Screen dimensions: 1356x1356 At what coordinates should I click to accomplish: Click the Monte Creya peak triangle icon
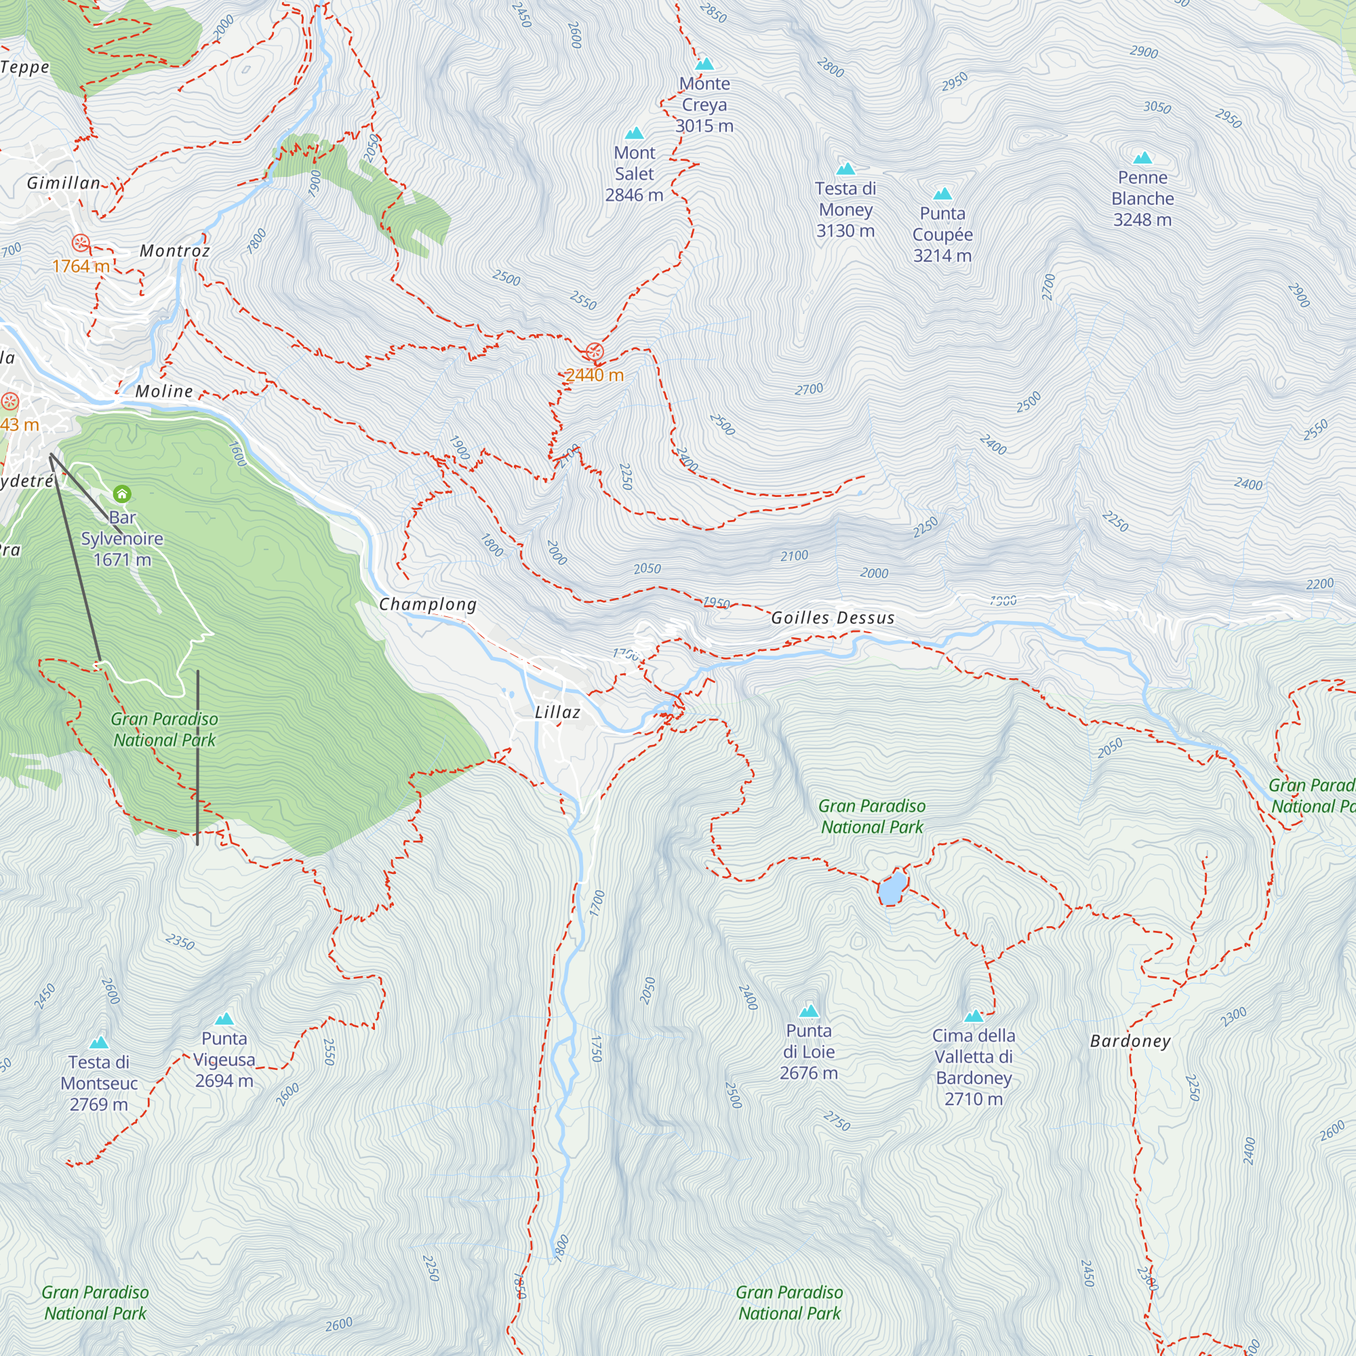pyautogui.click(x=704, y=64)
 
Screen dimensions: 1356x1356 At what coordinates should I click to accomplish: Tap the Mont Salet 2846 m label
pyautogui.click(x=634, y=174)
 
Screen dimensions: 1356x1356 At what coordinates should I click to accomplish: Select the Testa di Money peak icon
pyautogui.click(x=845, y=168)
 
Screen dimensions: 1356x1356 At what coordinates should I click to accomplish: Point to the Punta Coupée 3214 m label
pyautogui.click(x=942, y=234)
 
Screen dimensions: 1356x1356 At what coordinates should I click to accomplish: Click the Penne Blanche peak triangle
pyautogui.click(x=1142, y=158)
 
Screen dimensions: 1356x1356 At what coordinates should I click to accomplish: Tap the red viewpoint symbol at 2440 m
pyautogui.click(x=595, y=351)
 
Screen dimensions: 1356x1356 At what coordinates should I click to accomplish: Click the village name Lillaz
pyautogui.click(x=557, y=713)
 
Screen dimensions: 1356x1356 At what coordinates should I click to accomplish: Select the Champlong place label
pyautogui.click(x=427, y=604)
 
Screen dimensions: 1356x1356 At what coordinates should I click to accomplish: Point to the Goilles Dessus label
pyautogui.click(x=833, y=618)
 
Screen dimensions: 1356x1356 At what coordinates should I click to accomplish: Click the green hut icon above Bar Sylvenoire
pyautogui.click(x=122, y=494)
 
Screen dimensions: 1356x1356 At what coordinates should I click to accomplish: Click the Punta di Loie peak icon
pyautogui.click(x=810, y=1011)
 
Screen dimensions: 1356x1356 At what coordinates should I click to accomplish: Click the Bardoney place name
pyautogui.click(x=1130, y=1041)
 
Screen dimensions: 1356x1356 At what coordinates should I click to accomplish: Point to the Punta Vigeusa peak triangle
pyautogui.click(x=224, y=1018)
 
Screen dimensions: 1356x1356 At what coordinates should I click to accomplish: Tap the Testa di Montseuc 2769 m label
pyautogui.click(x=99, y=1083)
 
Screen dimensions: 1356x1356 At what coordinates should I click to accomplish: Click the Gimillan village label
pyautogui.click(x=63, y=183)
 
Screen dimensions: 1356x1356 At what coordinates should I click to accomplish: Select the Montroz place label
pyautogui.click(x=175, y=251)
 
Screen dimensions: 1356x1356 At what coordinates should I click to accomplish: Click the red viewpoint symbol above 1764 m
pyautogui.click(x=81, y=243)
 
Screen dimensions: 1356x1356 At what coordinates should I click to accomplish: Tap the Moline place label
pyautogui.click(x=163, y=391)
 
